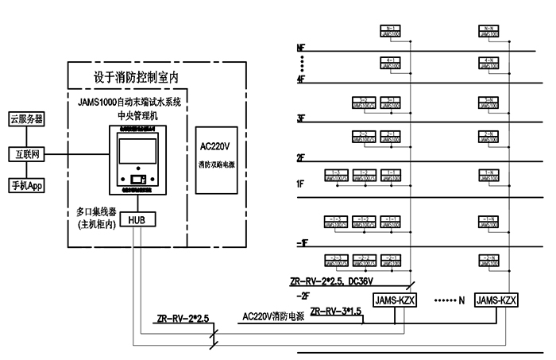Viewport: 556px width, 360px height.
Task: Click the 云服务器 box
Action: pyautogui.click(x=27, y=118)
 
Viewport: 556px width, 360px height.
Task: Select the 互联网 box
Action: pyautogui.click(x=27, y=153)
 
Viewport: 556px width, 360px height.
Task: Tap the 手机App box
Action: pyautogui.click(x=27, y=186)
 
